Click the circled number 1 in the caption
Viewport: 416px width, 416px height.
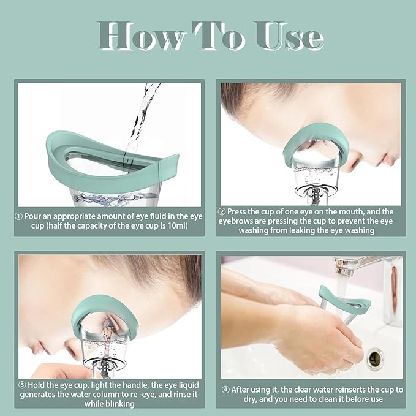[19, 216]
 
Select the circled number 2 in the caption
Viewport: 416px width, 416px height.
[222, 211]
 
